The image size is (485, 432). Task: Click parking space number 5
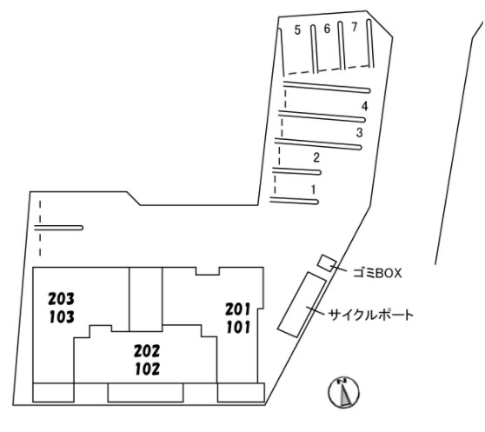tap(297, 30)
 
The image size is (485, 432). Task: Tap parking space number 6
tap(327, 29)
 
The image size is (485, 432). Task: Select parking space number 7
tap(355, 27)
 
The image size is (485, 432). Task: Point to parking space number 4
tap(365, 106)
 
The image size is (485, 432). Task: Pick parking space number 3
tap(359, 133)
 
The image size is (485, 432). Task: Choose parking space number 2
tap(316, 157)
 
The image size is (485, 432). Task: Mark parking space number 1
tap(314, 189)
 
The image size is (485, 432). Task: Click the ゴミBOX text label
tap(377, 273)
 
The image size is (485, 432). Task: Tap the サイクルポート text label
tap(370, 316)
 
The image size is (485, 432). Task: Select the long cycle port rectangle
tap(302, 304)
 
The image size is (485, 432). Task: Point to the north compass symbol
tap(343, 392)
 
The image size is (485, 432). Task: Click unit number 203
tap(61, 299)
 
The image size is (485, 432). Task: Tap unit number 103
tap(62, 317)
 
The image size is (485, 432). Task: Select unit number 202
tap(147, 351)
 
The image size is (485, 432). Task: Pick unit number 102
tap(148, 369)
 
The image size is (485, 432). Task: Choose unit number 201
tap(237, 309)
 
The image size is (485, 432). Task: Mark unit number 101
tap(238, 328)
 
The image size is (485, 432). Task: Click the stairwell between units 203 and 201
tap(146, 299)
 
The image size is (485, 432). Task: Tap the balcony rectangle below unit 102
tap(146, 393)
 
